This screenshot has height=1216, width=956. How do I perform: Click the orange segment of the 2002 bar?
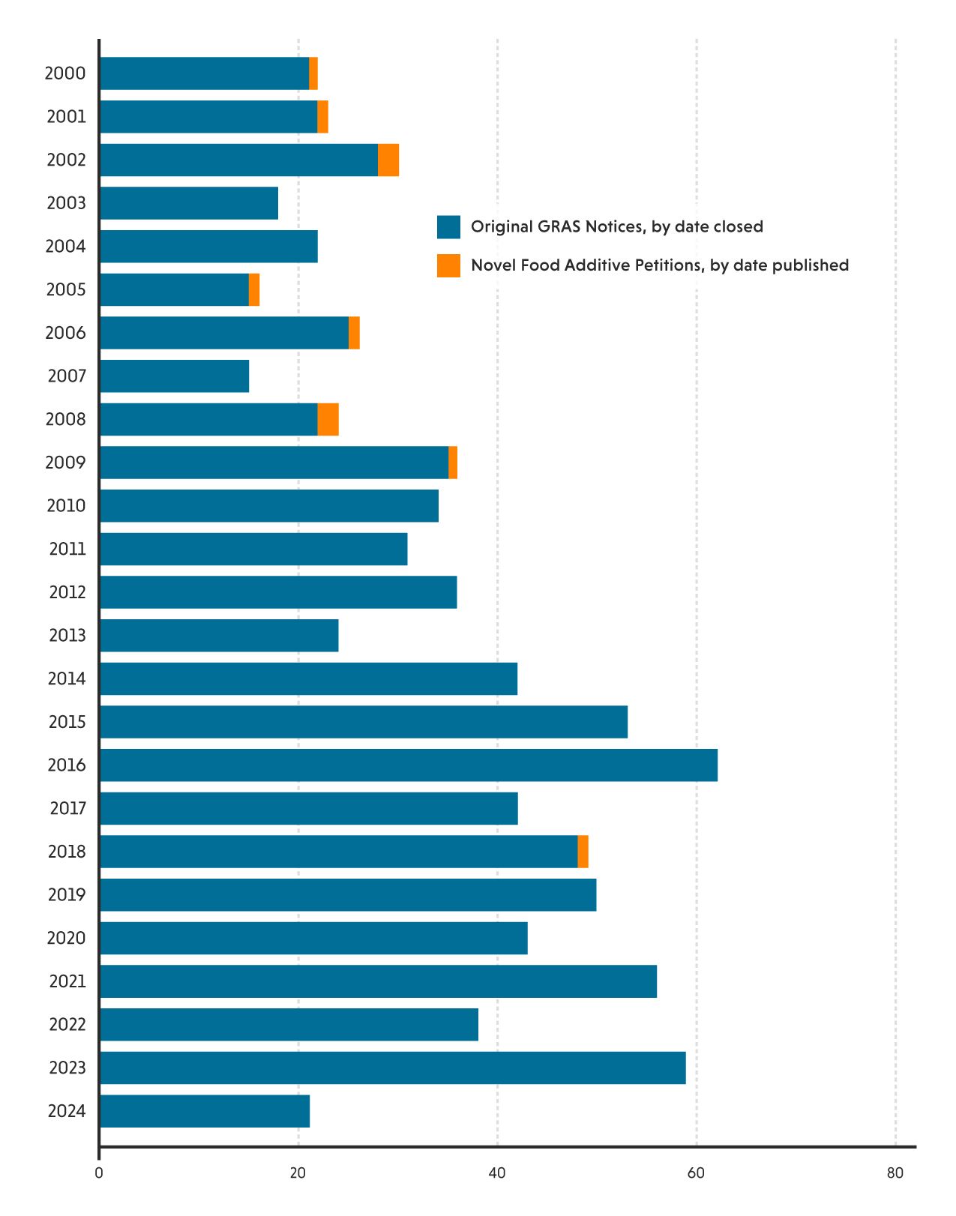[388, 160]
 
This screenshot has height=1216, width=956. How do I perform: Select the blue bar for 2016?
[409, 765]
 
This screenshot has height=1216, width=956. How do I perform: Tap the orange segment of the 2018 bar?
[583, 852]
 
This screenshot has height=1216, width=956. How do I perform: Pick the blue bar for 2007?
[174, 376]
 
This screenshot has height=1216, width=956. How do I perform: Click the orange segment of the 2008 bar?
[328, 419]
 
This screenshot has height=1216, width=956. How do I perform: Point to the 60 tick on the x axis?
[696, 1173]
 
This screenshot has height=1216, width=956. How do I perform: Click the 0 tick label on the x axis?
[99, 1173]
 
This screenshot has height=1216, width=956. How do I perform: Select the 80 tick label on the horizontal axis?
[895, 1173]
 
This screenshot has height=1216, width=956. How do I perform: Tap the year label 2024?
[67, 1111]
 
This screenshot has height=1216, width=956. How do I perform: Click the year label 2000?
[65, 73]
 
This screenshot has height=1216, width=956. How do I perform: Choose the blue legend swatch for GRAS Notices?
[448, 227]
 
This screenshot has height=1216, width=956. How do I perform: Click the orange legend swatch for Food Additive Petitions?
[448, 265]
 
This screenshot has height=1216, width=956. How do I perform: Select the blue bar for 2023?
[392, 1068]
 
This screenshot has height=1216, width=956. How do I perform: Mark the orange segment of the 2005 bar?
[254, 289]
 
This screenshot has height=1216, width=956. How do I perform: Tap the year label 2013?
[67, 636]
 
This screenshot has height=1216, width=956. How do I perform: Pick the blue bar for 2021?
[378, 981]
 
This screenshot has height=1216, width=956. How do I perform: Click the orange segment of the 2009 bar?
[453, 463]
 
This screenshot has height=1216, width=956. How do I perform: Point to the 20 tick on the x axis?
[298, 1173]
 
